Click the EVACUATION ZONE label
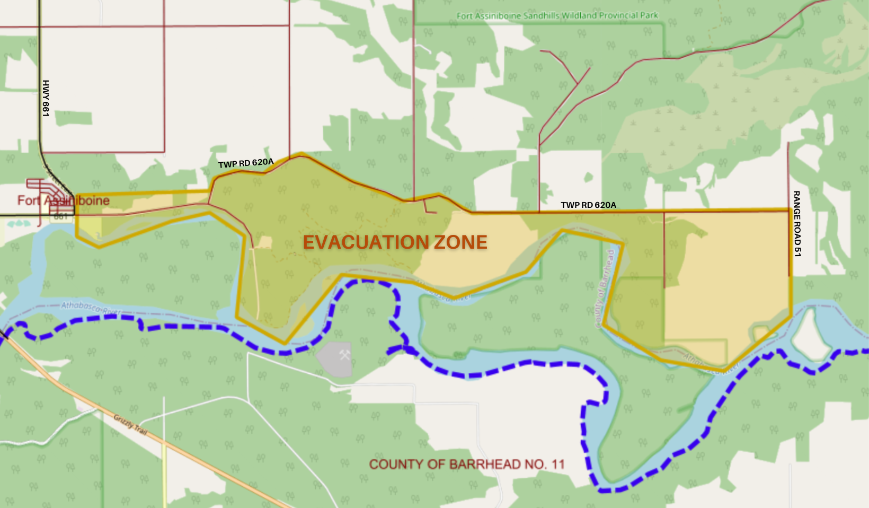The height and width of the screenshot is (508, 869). pos(395,242)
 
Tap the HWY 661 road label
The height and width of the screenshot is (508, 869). pos(46,98)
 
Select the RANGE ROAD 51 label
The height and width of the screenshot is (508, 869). pos(796,224)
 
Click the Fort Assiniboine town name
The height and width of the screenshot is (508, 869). pos(64,200)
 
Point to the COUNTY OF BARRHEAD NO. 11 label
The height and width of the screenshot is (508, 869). pos(467,465)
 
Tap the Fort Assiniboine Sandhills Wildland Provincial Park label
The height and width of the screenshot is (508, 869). pos(557,16)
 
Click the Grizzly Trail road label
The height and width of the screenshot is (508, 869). pos(130,425)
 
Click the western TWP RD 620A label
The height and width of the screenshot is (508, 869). pos(246,163)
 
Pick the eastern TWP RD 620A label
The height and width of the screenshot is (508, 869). pos(588,205)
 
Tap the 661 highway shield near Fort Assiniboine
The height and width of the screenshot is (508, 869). pos(61,216)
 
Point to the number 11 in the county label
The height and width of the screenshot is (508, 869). pos(557,465)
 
